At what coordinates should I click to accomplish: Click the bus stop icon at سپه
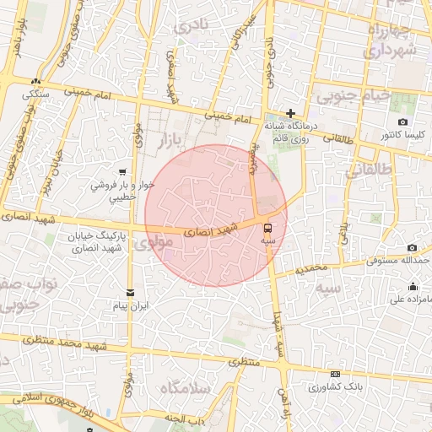(x=267, y=228)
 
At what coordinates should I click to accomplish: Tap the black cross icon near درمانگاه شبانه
(x=290, y=113)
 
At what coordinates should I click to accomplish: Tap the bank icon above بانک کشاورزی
(x=336, y=374)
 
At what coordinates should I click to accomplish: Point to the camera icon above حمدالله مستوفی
(x=412, y=247)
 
